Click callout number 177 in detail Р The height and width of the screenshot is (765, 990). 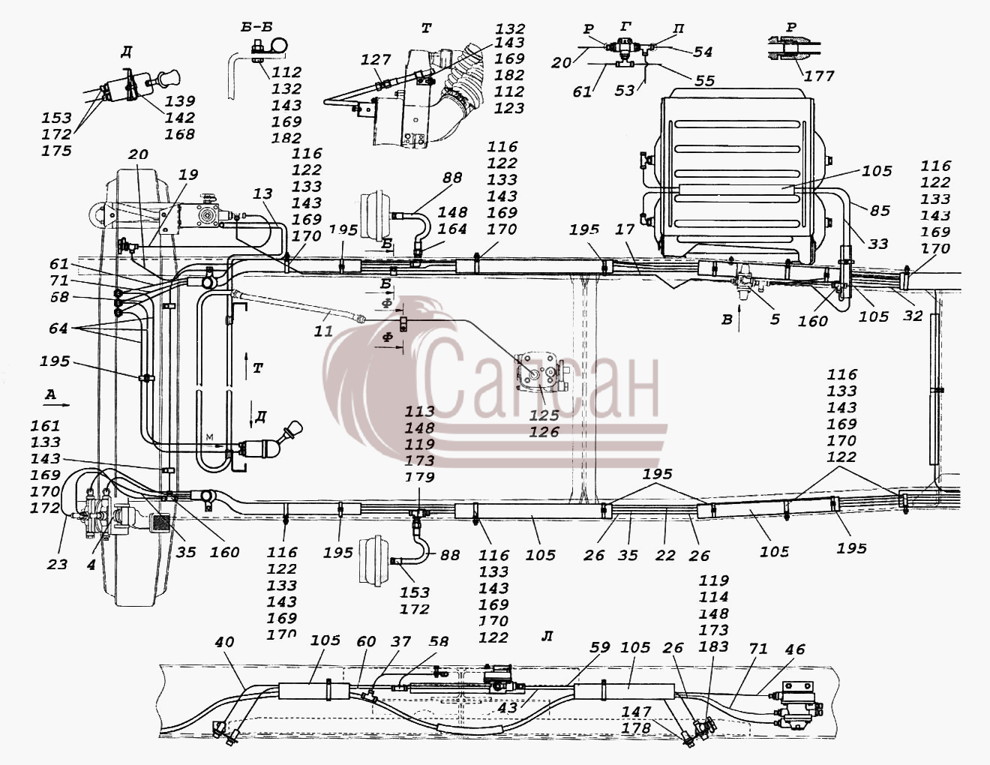(x=819, y=76)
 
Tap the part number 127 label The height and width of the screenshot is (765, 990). (x=376, y=60)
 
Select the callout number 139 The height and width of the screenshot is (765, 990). (x=180, y=100)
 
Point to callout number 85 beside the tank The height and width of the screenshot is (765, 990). (x=880, y=211)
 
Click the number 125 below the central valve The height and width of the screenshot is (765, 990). (x=544, y=415)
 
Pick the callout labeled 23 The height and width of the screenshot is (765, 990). (x=57, y=565)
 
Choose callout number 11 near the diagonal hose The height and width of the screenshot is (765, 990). (x=323, y=331)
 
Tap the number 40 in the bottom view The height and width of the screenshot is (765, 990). (x=224, y=642)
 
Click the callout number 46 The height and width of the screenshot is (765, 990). (x=795, y=649)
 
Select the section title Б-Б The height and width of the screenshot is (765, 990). (x=256, y=27)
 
